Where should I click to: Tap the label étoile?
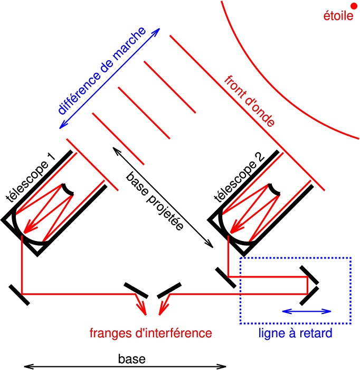point(338,16)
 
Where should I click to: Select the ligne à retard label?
point(296,334)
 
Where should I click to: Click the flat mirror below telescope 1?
point(19,294)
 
